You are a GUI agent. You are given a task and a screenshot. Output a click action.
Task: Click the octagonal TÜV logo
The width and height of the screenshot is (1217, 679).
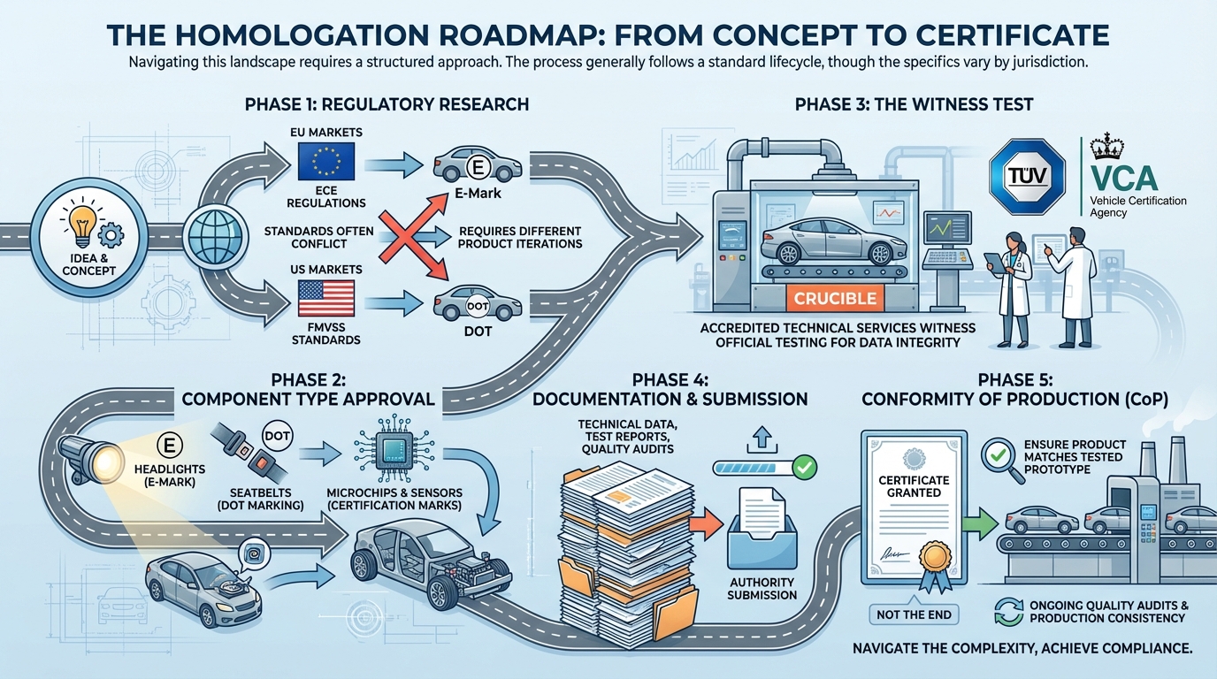tap(1027, 174)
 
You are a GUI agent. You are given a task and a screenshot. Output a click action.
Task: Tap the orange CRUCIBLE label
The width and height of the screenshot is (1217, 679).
tap(835, 298)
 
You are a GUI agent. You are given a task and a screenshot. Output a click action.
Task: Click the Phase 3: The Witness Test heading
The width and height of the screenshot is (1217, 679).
tap(914, 104)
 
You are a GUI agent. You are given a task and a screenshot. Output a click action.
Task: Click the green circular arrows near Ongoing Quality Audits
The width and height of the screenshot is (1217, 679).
tap(1007, 611)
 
